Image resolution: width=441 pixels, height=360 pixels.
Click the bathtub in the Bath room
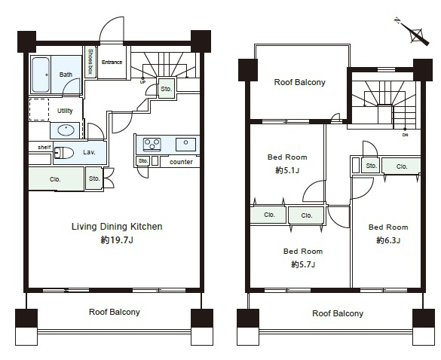[x=41, y=75]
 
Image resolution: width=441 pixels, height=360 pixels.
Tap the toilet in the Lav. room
[x=63, y=153]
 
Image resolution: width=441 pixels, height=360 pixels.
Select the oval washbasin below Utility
[x=66, y=130]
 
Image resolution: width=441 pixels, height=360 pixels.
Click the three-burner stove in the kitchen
[x=152, y=145]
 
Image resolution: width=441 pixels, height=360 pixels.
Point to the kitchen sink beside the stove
[x=185, y=144]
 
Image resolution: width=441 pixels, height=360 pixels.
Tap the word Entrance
[x=112, y=62]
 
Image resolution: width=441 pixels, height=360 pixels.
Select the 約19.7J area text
[x=117, y=240]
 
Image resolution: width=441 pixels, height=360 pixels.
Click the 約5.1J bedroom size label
[x=287, y=170]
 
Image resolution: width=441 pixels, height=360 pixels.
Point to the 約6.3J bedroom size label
[x=388, y=240]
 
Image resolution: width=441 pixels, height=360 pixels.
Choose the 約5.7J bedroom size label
[x=303, y=264]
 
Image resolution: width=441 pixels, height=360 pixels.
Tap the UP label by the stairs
[x=143, y=82]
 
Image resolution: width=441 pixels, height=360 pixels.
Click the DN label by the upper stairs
[x=405, y=135]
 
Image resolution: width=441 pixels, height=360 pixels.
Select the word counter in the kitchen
[x=181, y=162]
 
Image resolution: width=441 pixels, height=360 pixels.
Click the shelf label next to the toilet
[x=44, y=147]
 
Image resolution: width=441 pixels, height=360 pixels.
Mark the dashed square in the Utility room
[x=39, y=110]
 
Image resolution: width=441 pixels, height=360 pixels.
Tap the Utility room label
[x=65, y=111]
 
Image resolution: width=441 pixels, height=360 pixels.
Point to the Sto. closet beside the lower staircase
[x=166, y=89]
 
